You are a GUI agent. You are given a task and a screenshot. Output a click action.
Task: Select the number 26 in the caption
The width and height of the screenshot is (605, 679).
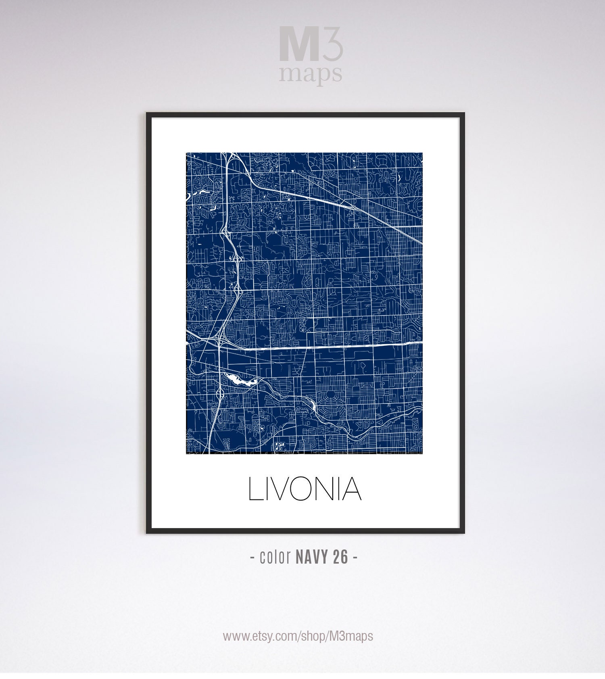340,558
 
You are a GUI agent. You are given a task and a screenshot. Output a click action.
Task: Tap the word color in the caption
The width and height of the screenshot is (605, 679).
275,558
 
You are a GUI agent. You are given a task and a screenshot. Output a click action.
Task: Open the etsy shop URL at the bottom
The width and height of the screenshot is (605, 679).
298,636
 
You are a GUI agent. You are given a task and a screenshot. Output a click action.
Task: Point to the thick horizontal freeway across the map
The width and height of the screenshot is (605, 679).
323,345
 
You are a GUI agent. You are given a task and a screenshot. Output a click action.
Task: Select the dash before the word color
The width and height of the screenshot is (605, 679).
252,558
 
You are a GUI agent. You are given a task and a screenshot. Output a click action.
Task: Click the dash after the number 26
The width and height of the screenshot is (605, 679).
355,558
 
